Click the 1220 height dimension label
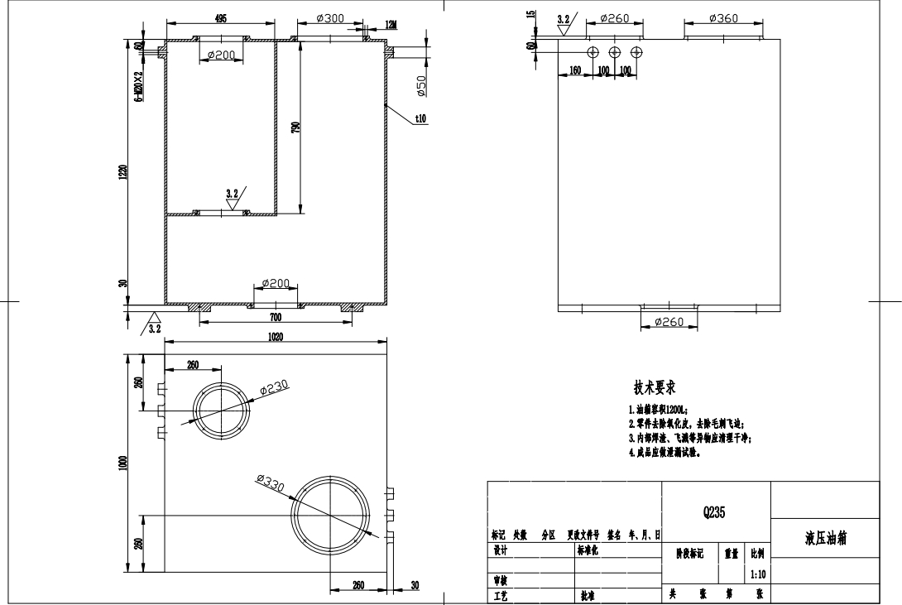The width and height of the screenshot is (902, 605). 122,172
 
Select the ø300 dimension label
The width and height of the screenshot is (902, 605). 331,18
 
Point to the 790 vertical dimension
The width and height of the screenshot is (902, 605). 295,127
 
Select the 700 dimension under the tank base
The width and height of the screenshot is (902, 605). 276,317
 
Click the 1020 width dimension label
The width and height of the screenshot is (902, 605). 276,338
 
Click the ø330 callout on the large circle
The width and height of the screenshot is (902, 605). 270,483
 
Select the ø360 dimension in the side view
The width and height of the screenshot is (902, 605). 724,18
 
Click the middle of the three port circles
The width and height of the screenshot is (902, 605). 614,52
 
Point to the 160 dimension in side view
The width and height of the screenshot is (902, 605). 574,70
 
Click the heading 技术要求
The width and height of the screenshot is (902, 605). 656,387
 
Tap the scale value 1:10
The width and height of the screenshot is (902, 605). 757,573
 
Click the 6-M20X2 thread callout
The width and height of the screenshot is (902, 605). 139,84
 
